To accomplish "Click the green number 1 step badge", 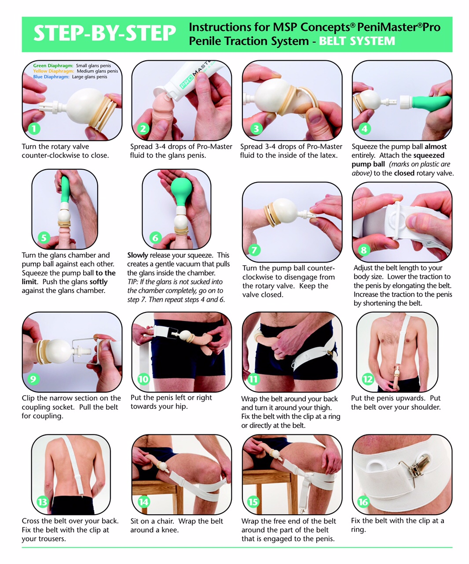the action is (x=34, y=129).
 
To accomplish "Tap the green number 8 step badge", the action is (x=364, y=250).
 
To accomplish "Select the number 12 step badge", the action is (x=368, y=379).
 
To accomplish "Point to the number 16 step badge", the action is (x=363, y=502).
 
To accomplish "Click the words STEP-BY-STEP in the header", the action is (x=105, y=33).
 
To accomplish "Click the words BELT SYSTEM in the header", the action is (x=357, y=41).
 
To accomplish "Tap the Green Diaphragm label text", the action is (x=53, y=65).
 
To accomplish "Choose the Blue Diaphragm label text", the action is (x=51, y=77).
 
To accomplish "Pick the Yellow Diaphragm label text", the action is (x=54, y=71).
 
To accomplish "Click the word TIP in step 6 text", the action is (x=132, y=282).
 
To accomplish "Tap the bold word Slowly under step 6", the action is (x=138, y=255).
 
